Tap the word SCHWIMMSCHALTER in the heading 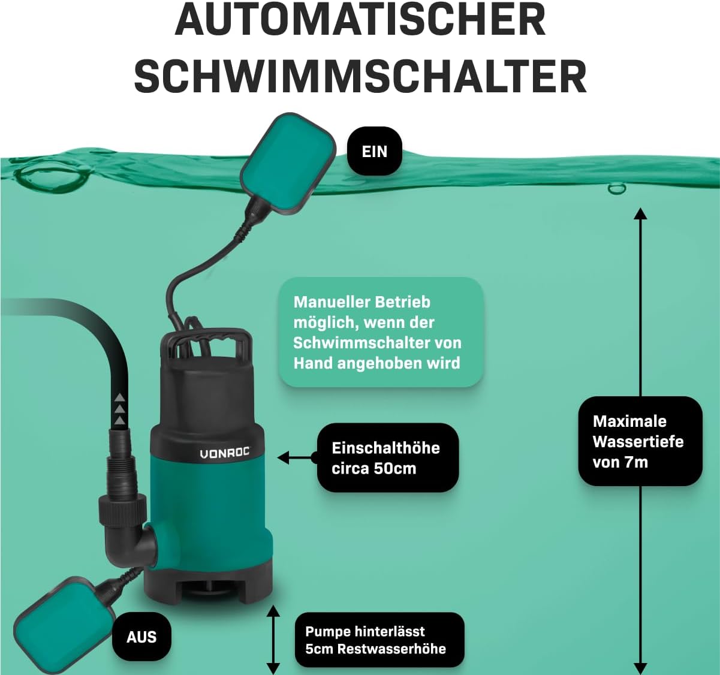pos(360,77)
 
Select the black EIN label pos(375,151)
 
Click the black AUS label pos(141,637)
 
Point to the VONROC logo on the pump pos(225,453)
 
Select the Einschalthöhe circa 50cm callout pos(388,458)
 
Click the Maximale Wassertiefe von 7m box pos(640,441)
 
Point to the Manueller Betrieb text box pos(381,333)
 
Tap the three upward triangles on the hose pos(120,409)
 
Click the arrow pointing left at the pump pos(297,458)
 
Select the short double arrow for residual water pos(273,640)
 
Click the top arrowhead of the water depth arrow pos(641,213)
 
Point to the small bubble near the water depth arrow pos(617,188)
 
